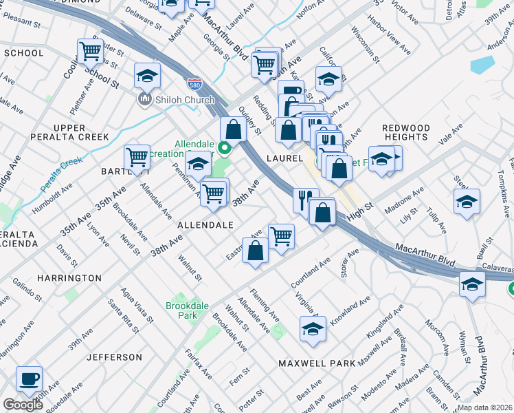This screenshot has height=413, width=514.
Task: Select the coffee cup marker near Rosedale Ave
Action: (29, 379)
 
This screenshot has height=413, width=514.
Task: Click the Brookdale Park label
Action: (181, 310)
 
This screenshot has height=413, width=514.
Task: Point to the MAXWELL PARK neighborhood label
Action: (317, 363)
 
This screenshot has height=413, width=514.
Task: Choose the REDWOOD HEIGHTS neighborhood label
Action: (405, 132)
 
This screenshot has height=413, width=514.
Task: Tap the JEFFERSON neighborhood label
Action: (115, 357)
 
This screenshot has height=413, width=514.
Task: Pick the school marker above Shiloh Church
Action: (147, 76)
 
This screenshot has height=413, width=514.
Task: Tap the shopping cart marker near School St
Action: (90, 51)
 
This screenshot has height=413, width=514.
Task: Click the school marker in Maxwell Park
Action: (313, 329)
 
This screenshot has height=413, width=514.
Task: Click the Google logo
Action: (23, 405)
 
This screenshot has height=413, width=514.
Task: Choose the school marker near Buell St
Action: (467, 202)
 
